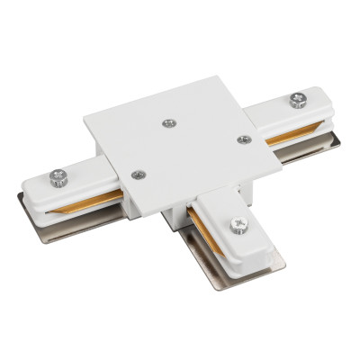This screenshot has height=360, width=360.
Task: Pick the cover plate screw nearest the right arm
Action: (x=242, y=139)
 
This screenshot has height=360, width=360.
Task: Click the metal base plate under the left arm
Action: (x=54, y=214)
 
